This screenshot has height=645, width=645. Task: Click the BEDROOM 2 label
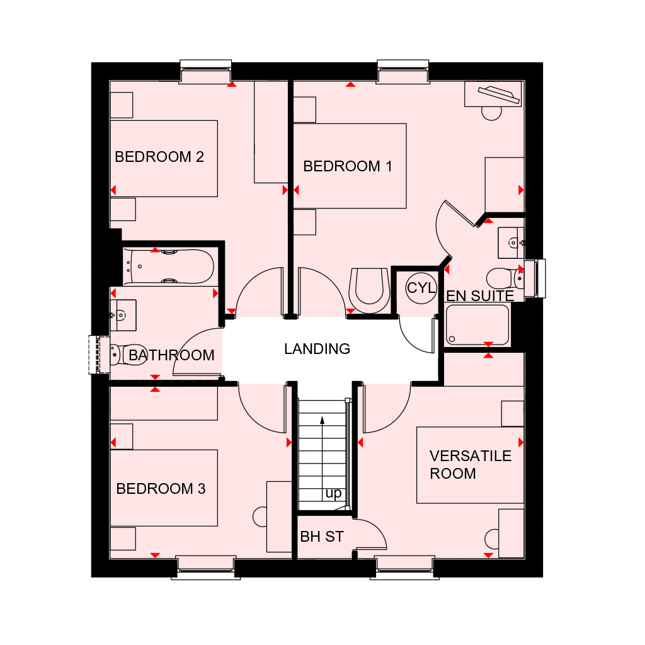(159, 157)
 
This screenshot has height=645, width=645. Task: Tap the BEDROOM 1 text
(348, 166)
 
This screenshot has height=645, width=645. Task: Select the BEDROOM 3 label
(161, 489)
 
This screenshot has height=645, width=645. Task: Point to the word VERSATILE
(470, 456)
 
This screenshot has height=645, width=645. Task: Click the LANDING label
(317, 349)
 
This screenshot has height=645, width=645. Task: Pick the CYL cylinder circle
(421, 288)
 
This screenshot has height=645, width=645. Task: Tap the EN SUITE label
(480, 296)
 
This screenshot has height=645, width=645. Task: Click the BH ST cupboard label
(322, 537)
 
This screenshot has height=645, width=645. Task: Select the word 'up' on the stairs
(333, 493)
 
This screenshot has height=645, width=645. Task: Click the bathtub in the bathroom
(169, 266)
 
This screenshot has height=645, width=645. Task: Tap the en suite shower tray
(477, 324)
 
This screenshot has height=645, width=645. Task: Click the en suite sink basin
(511, 243)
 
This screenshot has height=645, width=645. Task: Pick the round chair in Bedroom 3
(260, 517)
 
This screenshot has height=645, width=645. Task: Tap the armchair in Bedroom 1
(369, 290)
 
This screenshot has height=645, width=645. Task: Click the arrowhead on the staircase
(322, 420)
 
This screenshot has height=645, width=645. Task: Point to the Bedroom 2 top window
(206, 72)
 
